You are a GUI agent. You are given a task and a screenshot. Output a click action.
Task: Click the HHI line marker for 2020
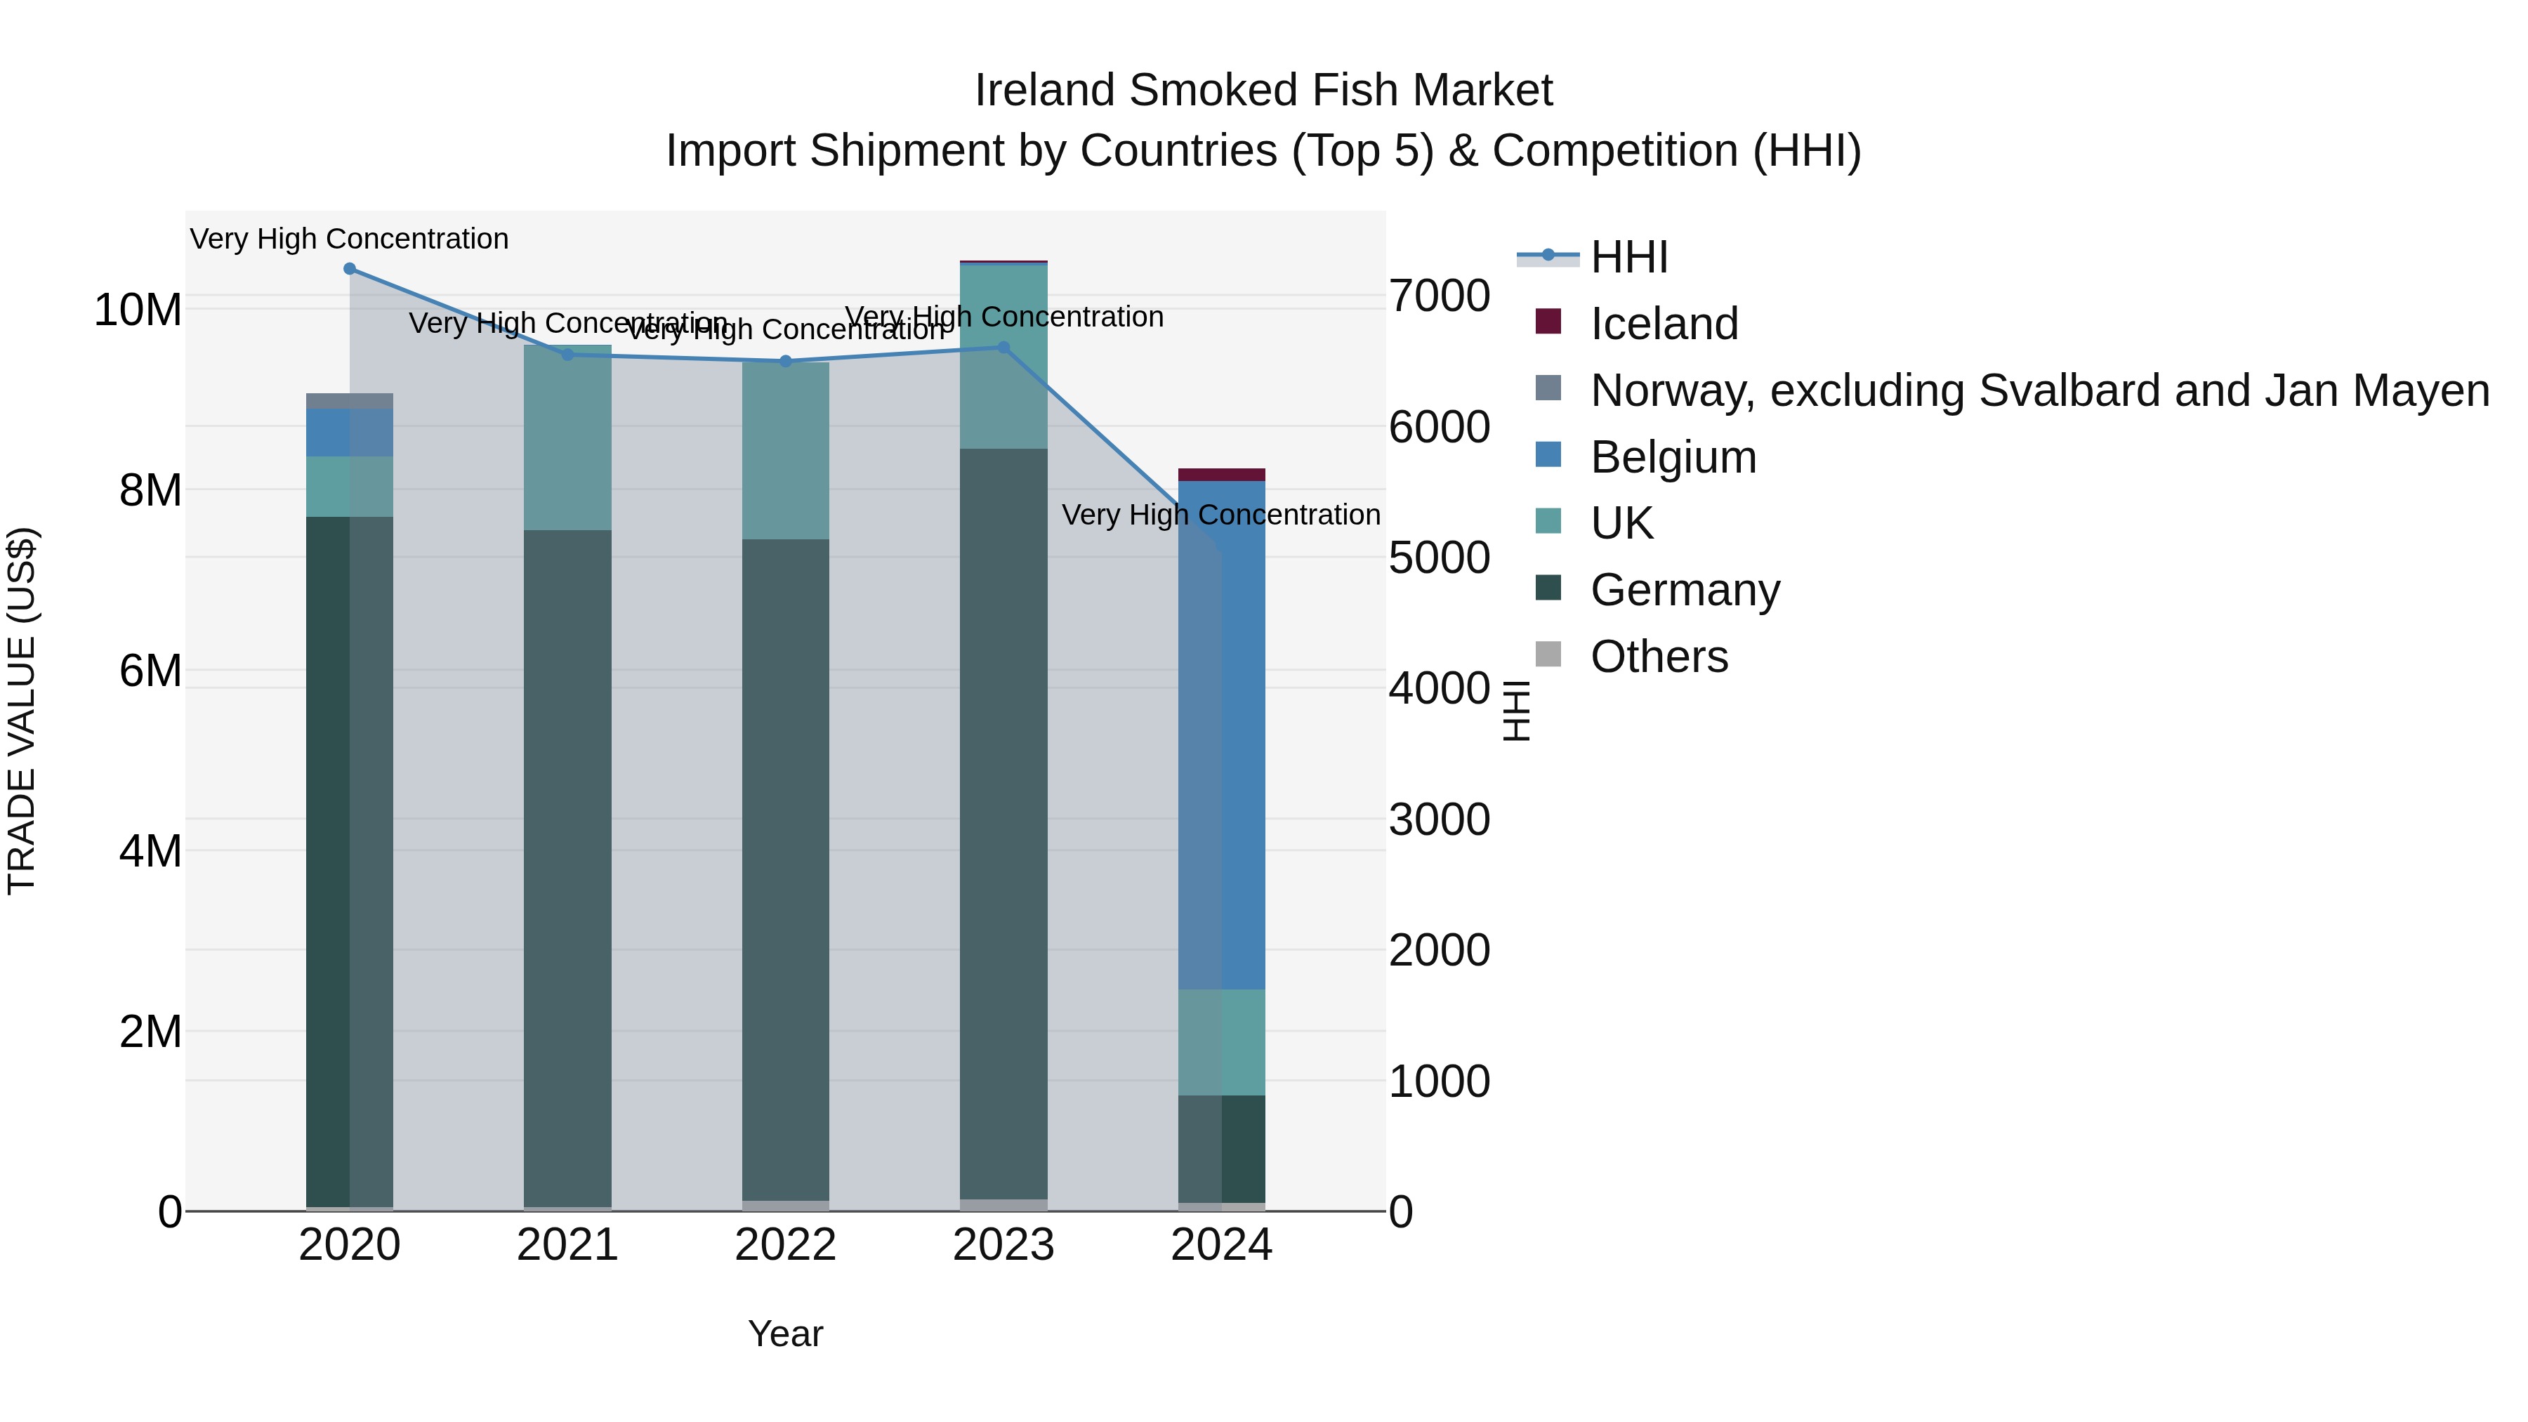[350, 269]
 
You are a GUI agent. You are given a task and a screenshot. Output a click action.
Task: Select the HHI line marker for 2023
[1003, 348]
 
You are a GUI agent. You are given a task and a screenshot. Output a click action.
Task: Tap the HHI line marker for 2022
[785, 361]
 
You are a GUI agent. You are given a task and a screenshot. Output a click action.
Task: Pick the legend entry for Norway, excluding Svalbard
[2039, 390]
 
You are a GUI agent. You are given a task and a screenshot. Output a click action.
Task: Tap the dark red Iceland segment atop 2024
[1221, 475]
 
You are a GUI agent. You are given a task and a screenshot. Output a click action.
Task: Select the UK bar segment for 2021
[567, 437]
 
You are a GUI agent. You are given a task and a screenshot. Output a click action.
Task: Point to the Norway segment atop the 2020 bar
[350, 400]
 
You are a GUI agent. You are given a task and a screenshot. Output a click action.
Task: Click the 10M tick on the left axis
[138, 310]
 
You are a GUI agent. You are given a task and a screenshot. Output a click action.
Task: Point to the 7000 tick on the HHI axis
[1439, 296]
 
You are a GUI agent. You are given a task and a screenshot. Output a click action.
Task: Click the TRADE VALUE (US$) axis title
[22, 711]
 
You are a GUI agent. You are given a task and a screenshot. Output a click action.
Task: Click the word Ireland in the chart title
[1046, 91]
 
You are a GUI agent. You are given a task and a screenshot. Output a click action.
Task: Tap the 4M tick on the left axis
[150, 852]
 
